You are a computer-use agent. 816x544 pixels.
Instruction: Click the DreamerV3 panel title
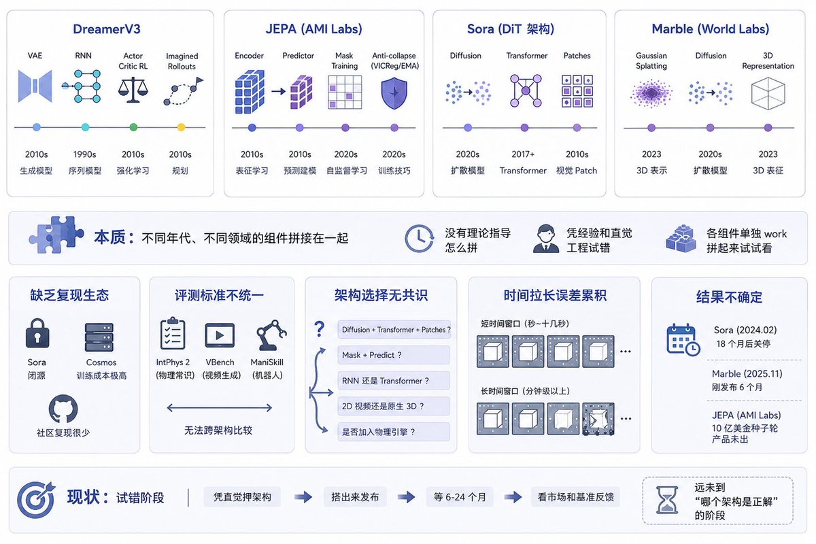(106, 29)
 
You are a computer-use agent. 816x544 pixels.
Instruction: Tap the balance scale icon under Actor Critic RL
(133, 90)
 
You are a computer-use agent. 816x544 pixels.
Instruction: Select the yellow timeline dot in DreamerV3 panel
(181, 127)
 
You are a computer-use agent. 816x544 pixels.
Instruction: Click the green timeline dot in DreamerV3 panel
(133, 127)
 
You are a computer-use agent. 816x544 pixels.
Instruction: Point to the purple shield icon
(394, 93)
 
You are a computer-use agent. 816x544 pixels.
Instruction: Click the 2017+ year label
(523, 154)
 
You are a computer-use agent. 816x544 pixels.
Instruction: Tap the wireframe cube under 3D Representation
(768, 93)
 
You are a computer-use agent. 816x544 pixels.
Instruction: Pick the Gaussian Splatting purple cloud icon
(651, 93)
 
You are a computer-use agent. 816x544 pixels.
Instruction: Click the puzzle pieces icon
(56, 235)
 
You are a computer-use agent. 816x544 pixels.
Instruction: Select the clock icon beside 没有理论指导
(420, 238)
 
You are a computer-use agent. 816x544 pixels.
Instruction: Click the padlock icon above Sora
(37, 333)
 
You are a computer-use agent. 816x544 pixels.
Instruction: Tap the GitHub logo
(63, 409)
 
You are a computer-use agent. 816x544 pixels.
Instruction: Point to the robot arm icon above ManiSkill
(271, 335)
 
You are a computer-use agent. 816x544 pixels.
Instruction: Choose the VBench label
(220, 362)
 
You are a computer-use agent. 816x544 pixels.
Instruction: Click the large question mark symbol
(319, 328)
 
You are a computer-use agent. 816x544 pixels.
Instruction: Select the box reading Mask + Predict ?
(394, 355)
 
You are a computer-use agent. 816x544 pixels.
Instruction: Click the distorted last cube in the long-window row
(598, 419)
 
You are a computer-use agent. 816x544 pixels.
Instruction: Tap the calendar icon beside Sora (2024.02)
(683, 339)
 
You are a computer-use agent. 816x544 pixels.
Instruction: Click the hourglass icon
(666, 500)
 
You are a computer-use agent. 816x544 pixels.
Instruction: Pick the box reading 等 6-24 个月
(460, 497)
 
